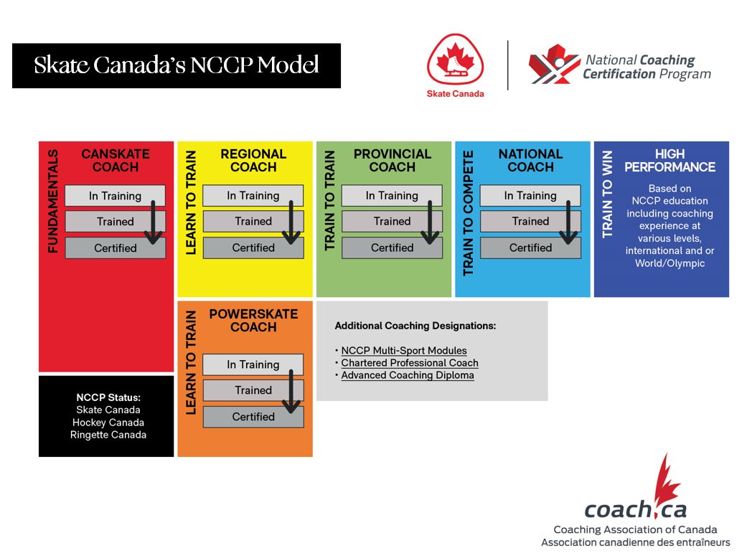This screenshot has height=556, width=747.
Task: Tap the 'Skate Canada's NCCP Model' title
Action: [x=177, y=65]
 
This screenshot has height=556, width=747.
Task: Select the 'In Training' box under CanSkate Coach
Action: [x=116, y=196]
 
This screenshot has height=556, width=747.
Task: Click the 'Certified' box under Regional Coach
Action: [x=253, y=248]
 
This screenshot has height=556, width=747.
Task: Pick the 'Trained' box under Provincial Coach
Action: [x=392, y=221]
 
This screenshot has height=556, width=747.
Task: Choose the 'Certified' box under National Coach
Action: [x=530, y=248]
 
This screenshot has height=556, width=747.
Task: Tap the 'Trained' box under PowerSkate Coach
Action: [x=253, y=390]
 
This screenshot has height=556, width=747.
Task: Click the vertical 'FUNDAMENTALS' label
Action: [x=53, y=201]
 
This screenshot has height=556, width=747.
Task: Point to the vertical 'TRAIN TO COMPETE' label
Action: [x=469, y=213]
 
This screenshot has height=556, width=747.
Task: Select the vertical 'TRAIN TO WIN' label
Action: [x=607, y=194]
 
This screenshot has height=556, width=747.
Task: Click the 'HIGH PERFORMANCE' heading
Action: [x=670, y=161]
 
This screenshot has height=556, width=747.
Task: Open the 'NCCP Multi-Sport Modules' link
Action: [x=404, y=351]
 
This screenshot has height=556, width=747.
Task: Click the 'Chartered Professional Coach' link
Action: [x=410, y=363]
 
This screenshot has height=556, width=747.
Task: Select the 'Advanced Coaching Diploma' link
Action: [x=408, y=375]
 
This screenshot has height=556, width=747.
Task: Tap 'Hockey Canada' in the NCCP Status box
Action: [x=108, y=423]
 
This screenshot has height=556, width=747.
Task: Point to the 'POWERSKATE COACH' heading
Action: [x=253, y=321]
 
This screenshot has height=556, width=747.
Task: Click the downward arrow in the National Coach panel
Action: [x=568, y=222]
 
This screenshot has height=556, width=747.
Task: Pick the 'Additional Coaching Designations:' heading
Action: [x=415, y=326]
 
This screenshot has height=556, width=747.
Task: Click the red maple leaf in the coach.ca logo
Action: [x=666, y=481]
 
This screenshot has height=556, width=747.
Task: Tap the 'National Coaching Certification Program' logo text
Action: [x=647, y=67]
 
